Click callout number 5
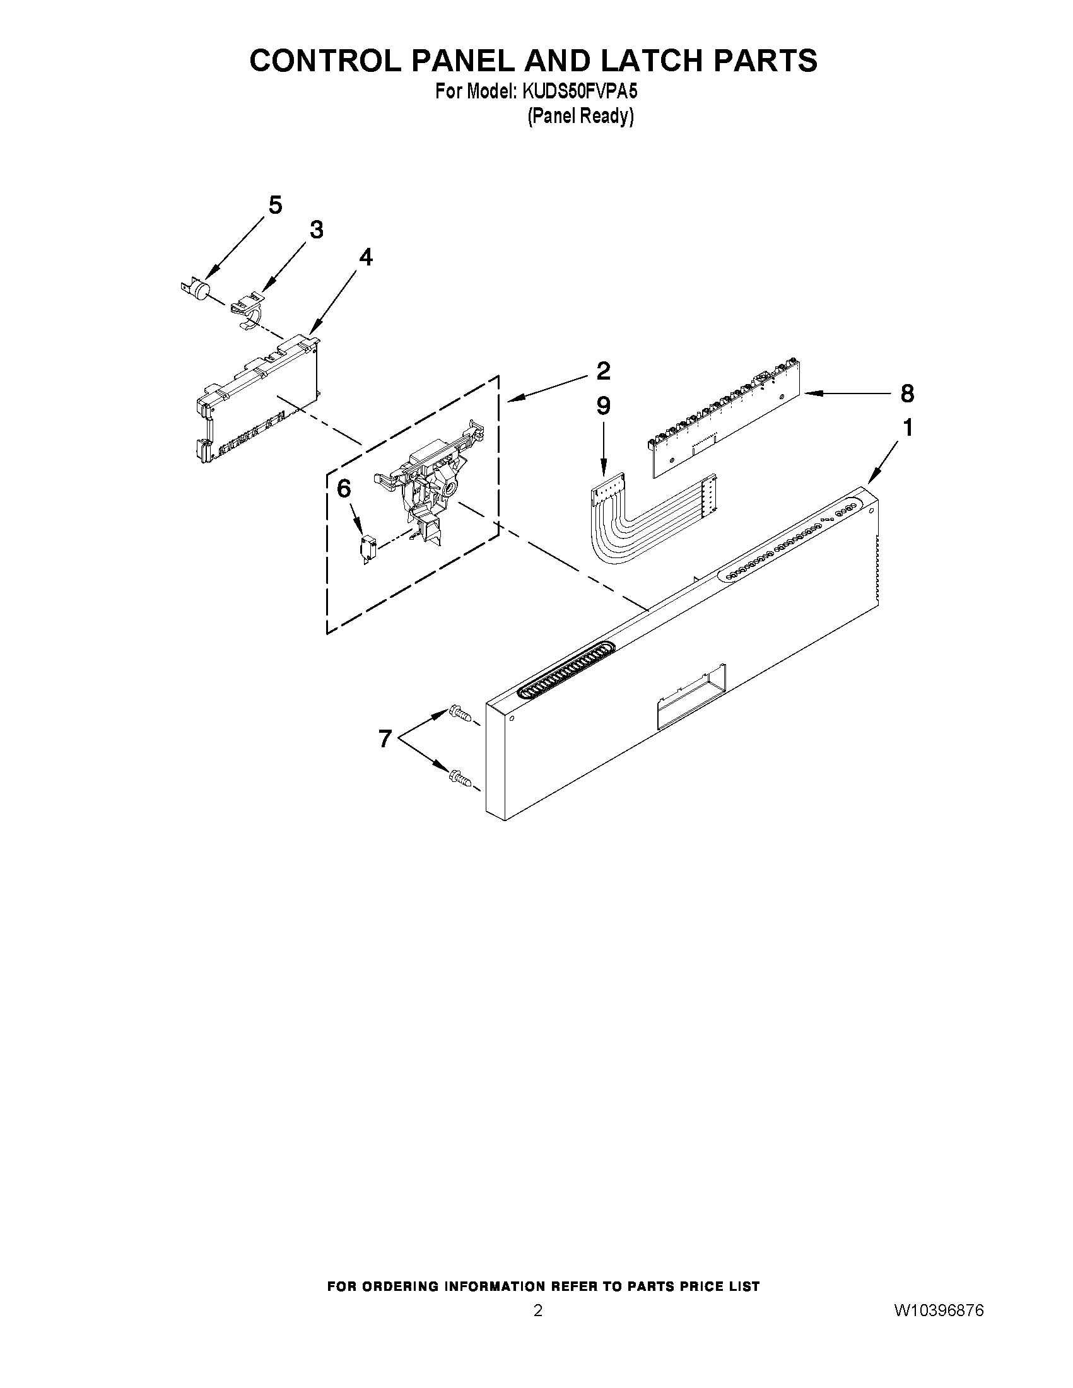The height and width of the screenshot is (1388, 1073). pos(274,206)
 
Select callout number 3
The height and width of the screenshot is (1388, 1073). pos(316,230)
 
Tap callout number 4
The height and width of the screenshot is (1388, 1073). pos(365,257)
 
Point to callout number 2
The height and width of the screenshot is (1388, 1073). pos(602,371)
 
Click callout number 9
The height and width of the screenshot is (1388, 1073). pos(602,405)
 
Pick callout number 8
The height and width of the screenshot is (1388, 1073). pos(907,394)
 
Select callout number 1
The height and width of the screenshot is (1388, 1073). pos(908,428)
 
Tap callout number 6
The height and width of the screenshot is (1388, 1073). pos(343,489)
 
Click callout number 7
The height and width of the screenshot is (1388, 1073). pos(385,738)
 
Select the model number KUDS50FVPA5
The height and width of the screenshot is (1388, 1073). pos(579,91)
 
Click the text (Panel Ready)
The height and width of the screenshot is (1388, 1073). pos(580,116)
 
